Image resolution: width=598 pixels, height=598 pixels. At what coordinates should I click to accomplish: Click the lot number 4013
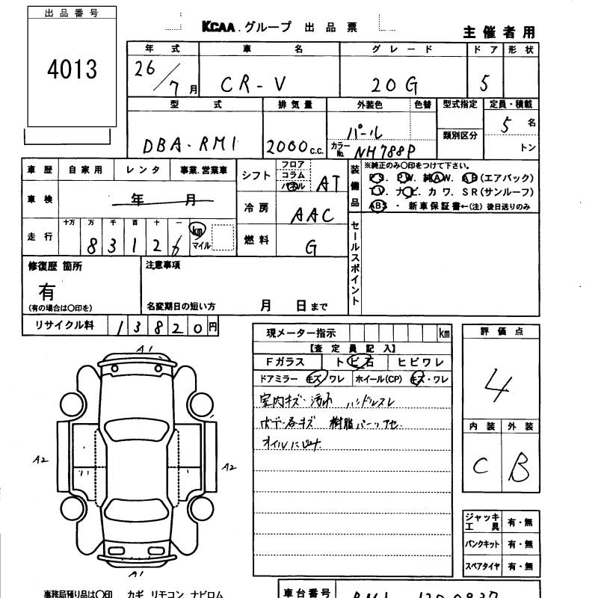pos(72,70)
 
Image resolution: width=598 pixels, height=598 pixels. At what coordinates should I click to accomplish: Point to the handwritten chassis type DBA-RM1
pos(188,144)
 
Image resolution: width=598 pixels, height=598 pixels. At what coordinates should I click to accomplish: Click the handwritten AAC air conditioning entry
pos(312,215)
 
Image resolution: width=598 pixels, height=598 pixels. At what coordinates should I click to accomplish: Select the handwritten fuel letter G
pos(310,245)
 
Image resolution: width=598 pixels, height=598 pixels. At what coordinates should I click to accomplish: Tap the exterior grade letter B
pos(517,467)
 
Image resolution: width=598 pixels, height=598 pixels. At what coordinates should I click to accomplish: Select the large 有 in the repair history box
pos(46,290)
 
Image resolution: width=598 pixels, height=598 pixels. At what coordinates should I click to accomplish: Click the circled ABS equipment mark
pos(377,206)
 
